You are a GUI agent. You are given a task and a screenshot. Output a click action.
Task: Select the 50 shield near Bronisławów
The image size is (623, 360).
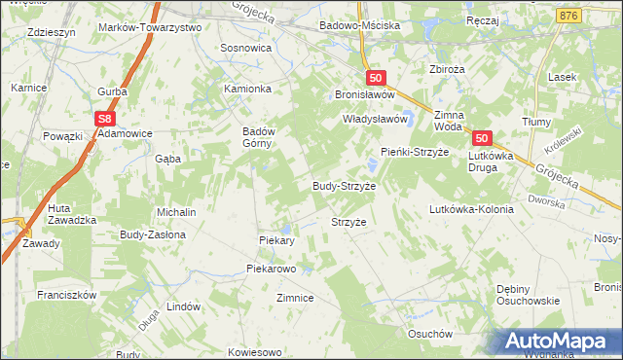click(378, 78)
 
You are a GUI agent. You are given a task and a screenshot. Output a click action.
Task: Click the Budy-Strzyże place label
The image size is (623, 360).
click(344, 185)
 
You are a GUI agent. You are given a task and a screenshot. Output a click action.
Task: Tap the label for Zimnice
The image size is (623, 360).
click(295, 298)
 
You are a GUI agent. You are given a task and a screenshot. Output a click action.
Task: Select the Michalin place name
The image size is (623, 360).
click(177, 211)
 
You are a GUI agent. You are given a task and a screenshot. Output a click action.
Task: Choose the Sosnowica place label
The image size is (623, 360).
click(246, 47)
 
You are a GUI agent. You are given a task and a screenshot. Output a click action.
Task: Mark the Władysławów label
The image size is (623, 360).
click(373, 119)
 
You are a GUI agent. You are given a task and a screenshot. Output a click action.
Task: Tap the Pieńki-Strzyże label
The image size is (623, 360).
click(413, 152)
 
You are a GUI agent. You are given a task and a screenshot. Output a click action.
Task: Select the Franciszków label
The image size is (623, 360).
click(66, 294)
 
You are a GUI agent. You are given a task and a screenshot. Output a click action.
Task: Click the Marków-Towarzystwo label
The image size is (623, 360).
click(150, 28)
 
